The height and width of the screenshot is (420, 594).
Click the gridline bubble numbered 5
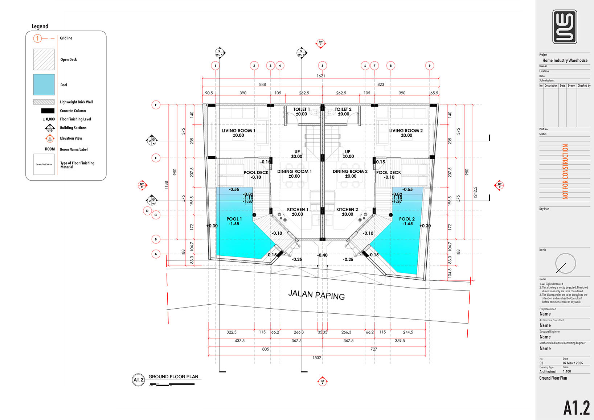click(322, 66)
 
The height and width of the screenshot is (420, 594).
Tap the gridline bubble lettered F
click(156, 105)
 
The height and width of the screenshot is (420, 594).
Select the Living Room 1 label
click(238, 131)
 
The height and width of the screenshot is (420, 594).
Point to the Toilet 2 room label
click(343, 109)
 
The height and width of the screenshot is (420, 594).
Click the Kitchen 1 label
click(298, 210)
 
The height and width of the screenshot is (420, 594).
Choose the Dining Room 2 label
click(350, 172)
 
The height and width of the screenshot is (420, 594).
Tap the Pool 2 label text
click(407, 219)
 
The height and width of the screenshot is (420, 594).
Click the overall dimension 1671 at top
click(321, 76)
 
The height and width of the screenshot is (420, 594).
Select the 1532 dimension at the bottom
click(317, 358)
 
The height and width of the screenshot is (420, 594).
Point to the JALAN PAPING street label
click(316, 295)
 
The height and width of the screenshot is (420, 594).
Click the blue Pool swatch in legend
click(44, 85)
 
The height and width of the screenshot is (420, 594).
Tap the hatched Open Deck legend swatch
click(44, 59)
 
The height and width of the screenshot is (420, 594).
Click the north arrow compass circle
click(565, 263)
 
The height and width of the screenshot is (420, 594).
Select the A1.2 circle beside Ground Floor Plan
click(138, 380)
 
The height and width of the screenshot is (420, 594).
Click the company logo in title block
click(565, 27)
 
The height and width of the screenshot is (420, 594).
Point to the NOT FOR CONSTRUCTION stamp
click(565, 172)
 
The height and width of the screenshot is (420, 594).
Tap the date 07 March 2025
click(573, 363)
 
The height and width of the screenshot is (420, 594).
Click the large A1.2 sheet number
click(576, 408)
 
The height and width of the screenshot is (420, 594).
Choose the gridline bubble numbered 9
click(430, 66)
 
